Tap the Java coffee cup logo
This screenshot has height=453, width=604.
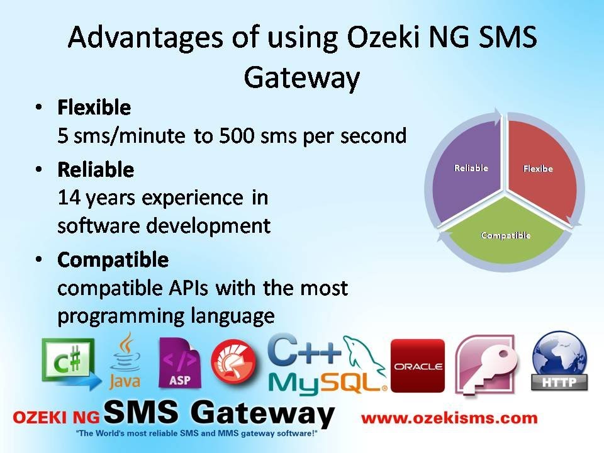click(125, 361)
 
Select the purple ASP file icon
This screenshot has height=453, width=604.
click(180, 363)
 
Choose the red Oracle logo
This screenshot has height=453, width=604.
click(417, 365)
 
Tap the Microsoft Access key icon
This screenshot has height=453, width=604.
click(486, 365)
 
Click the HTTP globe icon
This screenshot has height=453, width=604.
click(559, 362)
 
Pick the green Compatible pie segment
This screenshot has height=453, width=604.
click(505, 235)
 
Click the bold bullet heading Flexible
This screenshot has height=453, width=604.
click(94, 108)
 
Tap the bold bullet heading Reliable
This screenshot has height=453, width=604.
click(96, 170)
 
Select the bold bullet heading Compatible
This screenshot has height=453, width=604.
click(113, 259)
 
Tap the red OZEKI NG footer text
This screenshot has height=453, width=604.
click(57, 418)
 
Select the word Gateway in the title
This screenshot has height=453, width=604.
click(301, 78)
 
